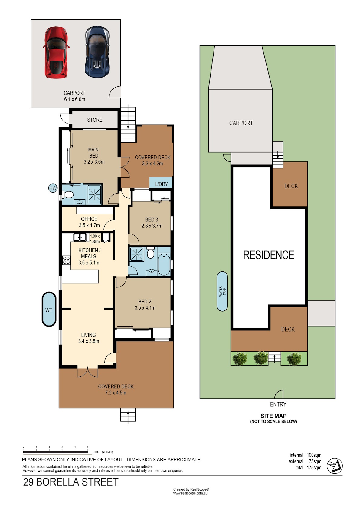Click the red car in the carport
[56, 52]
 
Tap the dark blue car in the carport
[97, 52]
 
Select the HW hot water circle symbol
[53, 188]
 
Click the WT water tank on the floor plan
[49, 309]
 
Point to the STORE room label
[95, 120]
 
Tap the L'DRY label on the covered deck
[162, 184]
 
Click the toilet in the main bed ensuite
[68, 195]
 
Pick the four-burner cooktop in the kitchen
[66, 260]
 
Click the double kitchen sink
[80, 237]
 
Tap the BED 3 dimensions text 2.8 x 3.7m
[152, 226]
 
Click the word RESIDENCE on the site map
[269, 255]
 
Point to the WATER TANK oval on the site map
[222, 291]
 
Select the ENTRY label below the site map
[278, 404]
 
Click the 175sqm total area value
[314, 467]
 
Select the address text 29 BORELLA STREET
[70, 482]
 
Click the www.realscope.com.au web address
[190, 493]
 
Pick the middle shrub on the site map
[261, 358]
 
